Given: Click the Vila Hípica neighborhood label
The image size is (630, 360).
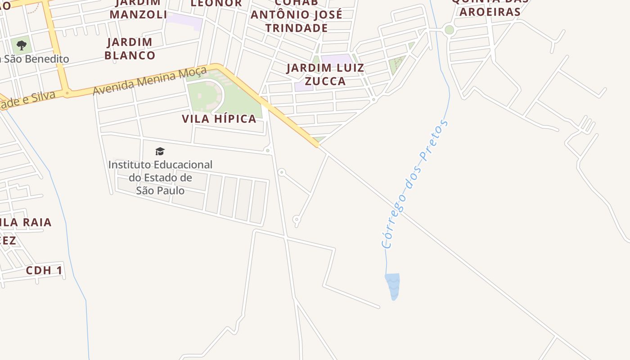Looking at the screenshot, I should [x=219, y=119].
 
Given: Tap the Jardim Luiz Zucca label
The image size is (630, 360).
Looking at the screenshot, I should [x=325, y=75].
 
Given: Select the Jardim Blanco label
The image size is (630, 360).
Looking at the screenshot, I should [x=130, y=49].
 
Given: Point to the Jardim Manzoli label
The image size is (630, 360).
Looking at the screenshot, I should [x=138, y=9].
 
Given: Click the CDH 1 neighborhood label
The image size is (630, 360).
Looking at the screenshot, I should [x=44, y=270].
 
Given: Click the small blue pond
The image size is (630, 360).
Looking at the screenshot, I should [x=393, y=286].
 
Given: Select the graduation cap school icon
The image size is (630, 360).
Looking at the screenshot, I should [x=160, y=151].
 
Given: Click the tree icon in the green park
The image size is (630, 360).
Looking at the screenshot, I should [x=21, y=45].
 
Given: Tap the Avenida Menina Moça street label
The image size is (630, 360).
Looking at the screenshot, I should [x=150, y=81].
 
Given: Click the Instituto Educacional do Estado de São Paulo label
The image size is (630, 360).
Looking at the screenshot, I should [x=160, y=177].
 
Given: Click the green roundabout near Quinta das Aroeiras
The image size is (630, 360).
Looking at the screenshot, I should [x=449, y=30].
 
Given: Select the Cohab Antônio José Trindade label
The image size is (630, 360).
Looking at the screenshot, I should [x=296, y=15].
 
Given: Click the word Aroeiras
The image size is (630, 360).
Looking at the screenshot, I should [x=490, y=12].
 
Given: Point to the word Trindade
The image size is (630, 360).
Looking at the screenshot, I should [x=296, y=28].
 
